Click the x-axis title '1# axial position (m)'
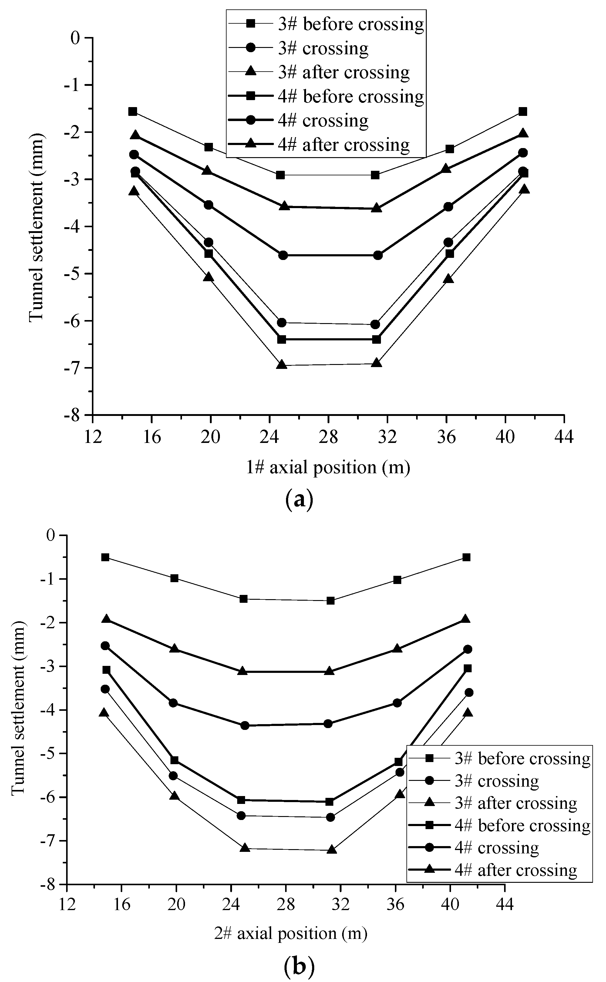click(328, 467)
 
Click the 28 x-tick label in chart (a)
click(328, 437)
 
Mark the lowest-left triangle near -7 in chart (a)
click(282, 364)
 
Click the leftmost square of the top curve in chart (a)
click(133, 111)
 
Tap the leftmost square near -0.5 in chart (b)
click(106, 557)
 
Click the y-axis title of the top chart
click(36, 226)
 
